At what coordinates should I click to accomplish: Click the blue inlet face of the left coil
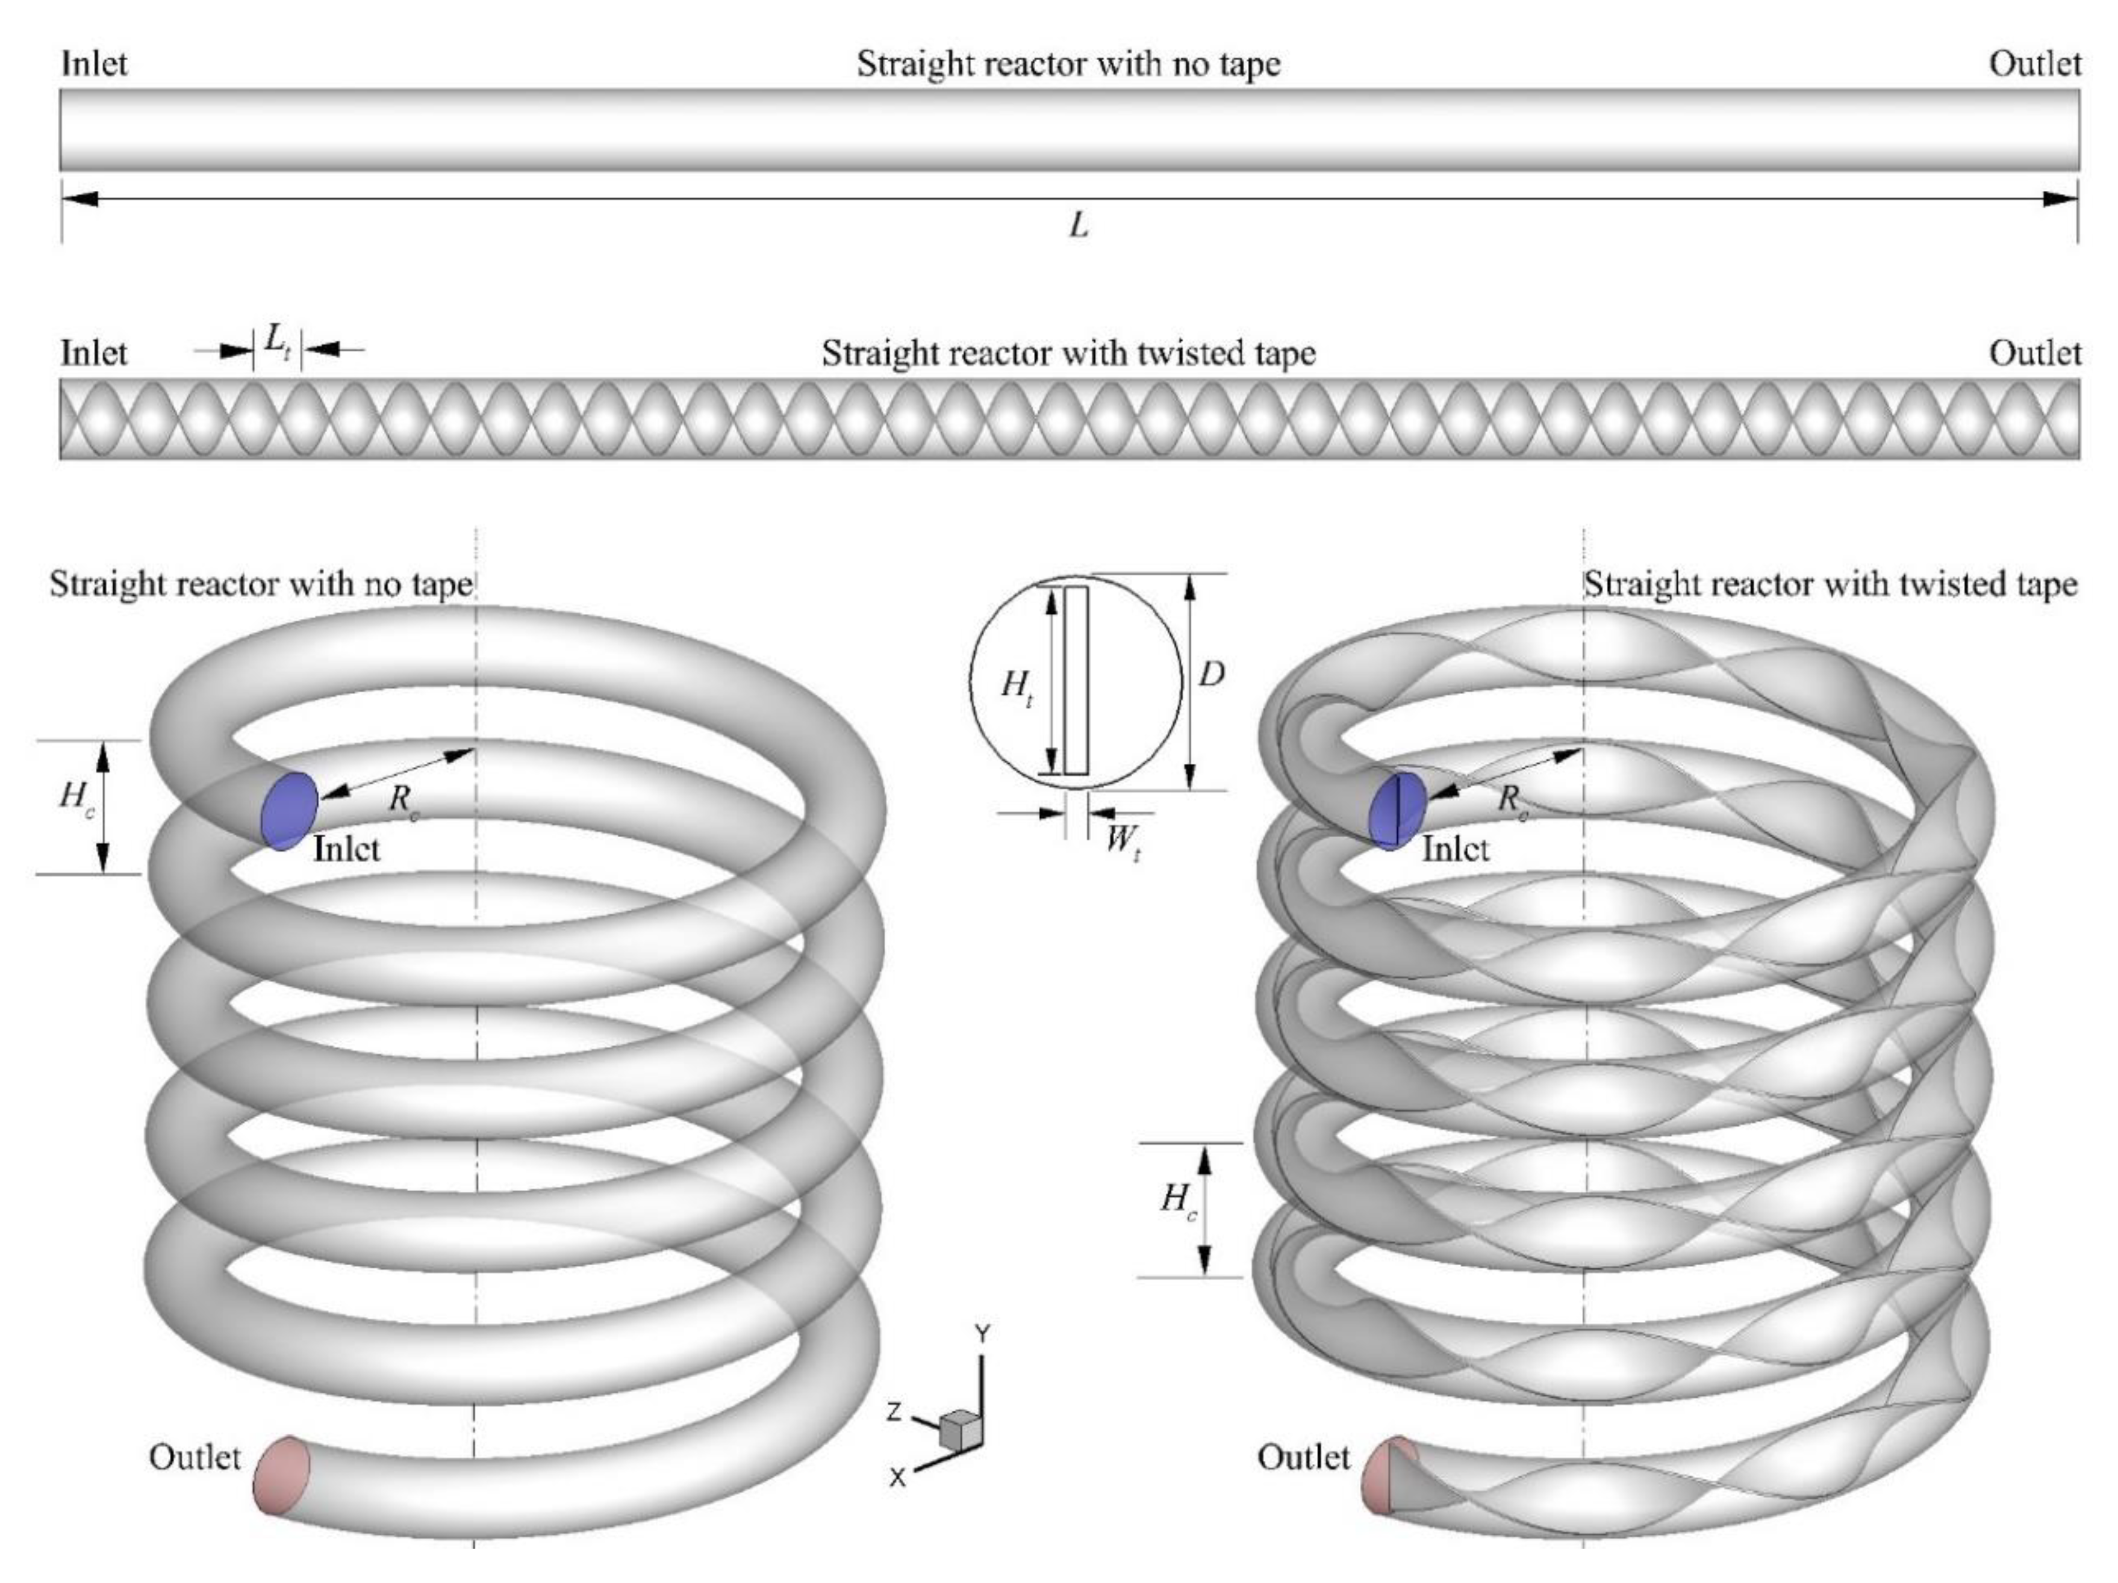point(288,810)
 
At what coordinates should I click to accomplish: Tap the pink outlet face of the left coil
point(281,1475)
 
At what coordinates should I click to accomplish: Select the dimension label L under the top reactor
point(1078,226)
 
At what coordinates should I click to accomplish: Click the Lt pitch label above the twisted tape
point(278,341)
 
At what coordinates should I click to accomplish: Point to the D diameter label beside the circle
point(1211,675)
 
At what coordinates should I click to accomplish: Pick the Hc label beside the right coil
point(1178,1199)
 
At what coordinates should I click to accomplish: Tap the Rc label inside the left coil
point(403,799)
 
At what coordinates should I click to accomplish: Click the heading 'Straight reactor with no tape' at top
point(1068,64)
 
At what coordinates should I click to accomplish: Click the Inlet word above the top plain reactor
point(94,64)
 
